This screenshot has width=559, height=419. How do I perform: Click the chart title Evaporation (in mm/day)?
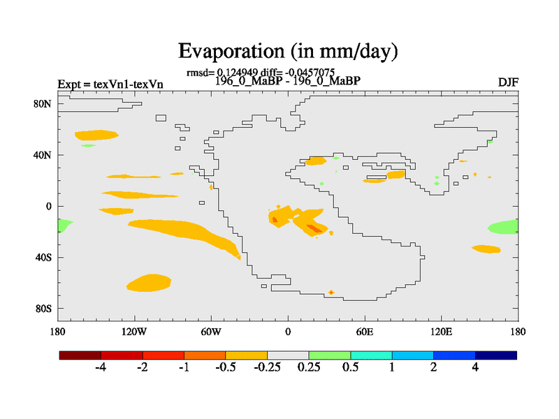pyautogui.click(x=288, y=51)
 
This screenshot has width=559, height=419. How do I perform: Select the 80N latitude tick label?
pyautogui.click(x=44, y=104)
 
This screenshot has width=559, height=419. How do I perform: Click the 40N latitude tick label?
pyautogui.click(x=44, y=155)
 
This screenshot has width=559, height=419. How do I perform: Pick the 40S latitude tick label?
pyautogui.click(x=44, y=257)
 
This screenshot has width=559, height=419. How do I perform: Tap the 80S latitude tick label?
pyautogui.click(x=44, y=308)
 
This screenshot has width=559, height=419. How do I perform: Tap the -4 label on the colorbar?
pyautogui.click(x=101, y=368)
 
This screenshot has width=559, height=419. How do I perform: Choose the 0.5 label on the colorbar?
pyautogui.click(x=350, y=368)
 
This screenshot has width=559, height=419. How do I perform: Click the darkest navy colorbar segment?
pyautogui.click(x=496, y=355)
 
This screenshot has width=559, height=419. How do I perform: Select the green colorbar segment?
pyautogui.click(x=330, y=355)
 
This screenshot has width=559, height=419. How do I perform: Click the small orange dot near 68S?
pyautogui.click(x=331, y=292)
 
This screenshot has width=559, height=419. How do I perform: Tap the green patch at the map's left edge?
pyautogui.click(x=64, y=226)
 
